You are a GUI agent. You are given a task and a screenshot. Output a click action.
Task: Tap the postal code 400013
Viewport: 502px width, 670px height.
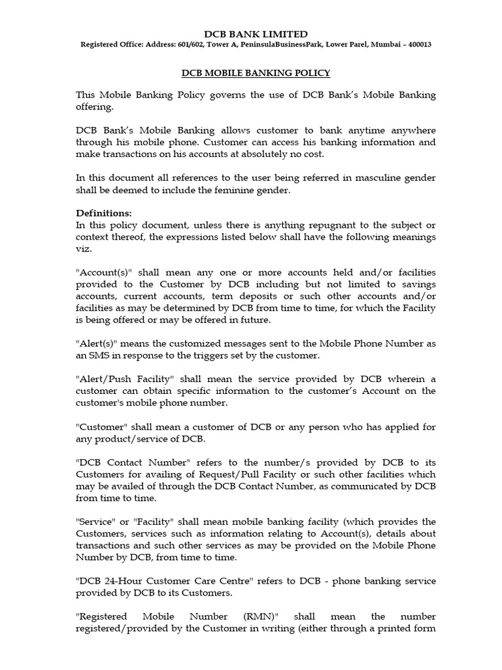416,44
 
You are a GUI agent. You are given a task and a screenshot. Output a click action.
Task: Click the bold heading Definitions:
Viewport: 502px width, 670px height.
104,213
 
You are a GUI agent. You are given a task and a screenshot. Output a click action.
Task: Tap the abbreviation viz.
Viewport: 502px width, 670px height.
84,249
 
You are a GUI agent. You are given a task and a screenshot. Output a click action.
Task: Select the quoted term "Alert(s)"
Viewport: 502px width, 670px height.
97,344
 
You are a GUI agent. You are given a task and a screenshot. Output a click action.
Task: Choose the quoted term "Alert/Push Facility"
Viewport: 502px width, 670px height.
124,379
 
